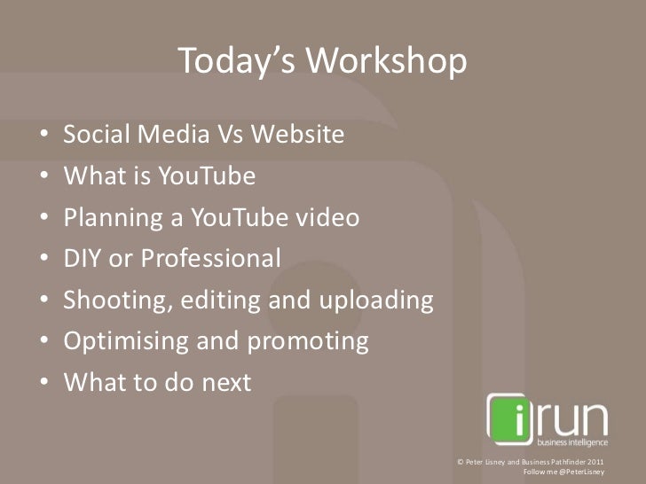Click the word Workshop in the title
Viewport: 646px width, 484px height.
(387, 62)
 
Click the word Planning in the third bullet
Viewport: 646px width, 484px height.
(105, 218)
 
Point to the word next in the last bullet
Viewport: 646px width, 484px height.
(225, 383)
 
